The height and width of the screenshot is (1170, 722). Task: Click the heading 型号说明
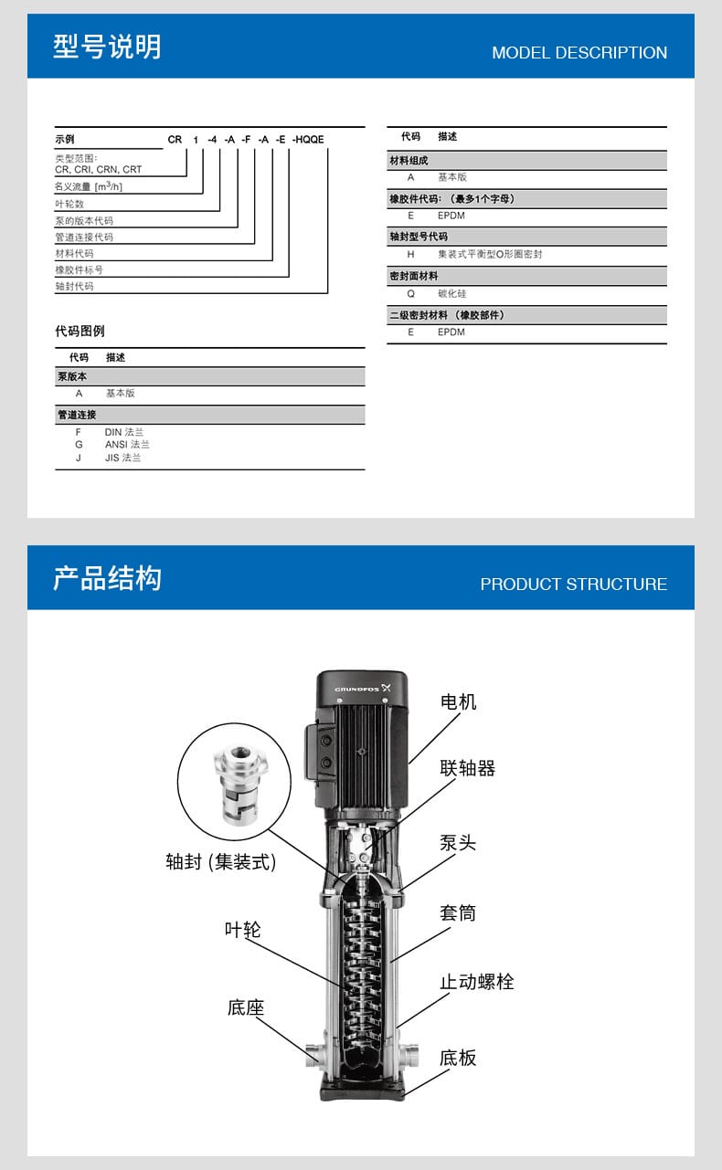(107, 47)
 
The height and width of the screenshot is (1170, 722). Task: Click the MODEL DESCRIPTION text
(579, 53)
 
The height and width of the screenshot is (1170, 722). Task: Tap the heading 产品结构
(107, 578)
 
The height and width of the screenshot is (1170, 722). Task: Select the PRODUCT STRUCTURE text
(573, 585)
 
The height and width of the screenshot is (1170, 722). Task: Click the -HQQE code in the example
(308, 140)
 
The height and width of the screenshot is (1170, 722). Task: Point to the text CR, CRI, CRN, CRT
(98, 169)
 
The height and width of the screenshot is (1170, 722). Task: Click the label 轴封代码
(74, 286)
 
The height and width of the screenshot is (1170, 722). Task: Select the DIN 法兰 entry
(123, 432)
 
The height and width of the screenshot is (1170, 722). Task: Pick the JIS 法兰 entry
(122, 458)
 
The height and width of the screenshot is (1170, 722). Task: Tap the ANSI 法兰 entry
(127, 445)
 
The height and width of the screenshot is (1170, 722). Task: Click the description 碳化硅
(451, 294)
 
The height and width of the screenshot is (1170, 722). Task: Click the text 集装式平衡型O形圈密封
(489, 255)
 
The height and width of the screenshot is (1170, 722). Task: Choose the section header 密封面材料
(414, 275)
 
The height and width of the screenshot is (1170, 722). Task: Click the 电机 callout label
(458, 701)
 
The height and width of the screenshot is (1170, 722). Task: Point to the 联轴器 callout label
(467, 768)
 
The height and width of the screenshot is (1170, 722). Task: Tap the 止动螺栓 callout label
(476, 982)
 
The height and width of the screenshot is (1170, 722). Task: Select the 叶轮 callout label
(242, 929)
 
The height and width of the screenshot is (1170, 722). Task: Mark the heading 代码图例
(80, 331)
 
